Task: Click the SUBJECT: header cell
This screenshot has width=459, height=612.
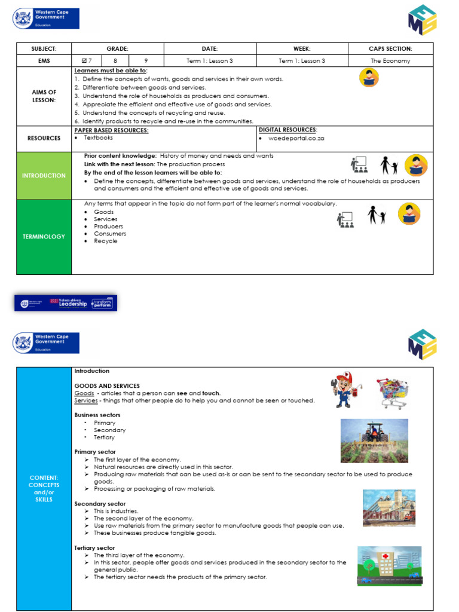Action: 44,48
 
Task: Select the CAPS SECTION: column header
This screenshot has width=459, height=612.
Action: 391,48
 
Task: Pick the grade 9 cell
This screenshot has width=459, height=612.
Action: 147,61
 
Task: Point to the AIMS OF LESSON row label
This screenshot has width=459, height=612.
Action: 44,96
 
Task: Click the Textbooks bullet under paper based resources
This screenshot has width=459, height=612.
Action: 97,137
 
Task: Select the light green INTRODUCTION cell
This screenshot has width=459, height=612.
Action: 44,176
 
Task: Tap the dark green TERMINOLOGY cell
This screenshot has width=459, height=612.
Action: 44,237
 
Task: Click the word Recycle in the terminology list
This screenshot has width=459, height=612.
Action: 105,241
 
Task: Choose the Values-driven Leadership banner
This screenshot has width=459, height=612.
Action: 66,303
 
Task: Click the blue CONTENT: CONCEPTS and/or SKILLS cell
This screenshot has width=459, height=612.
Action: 44,488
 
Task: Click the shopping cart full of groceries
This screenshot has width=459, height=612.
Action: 392,393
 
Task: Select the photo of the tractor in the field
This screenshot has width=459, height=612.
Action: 374,440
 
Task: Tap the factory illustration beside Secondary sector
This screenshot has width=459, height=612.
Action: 388,508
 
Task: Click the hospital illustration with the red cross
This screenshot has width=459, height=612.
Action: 389,565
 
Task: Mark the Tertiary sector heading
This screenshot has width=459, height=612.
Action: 94,548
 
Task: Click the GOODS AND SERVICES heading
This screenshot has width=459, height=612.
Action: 106,386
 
